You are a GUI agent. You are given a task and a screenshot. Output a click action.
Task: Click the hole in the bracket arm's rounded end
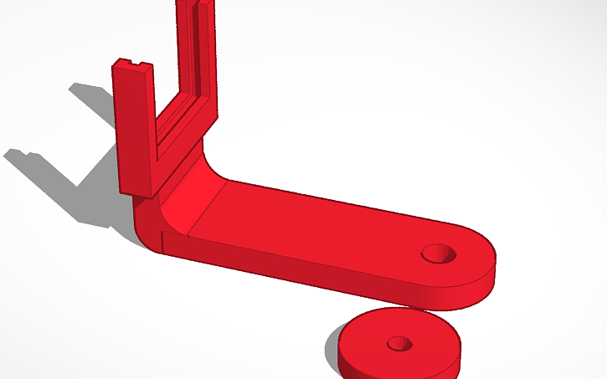tap(440, 253)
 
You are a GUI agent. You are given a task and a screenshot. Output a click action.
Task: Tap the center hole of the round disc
tap(399, 343)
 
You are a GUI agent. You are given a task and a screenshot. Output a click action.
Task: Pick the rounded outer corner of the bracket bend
tap(147, 230)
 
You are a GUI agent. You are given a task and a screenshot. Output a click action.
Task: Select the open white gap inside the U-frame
tap(177, 67)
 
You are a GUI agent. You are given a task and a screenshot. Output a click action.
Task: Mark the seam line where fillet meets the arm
tap(205, 209)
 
